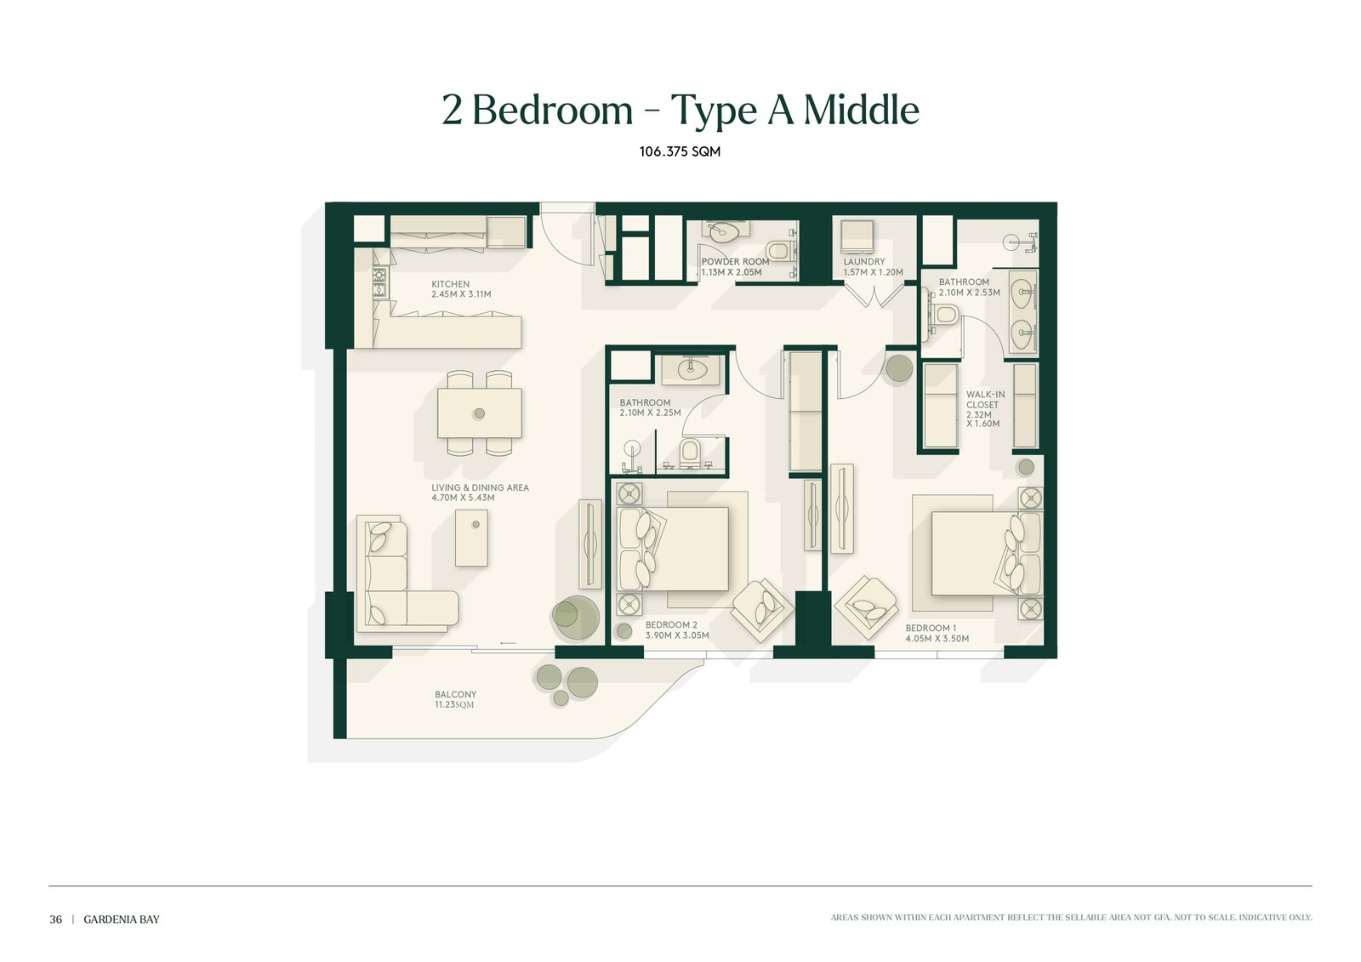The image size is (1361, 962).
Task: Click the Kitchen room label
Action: pos(461,289)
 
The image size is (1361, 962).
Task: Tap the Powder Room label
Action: pos(735,267)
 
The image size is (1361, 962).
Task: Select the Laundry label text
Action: pos(873,267)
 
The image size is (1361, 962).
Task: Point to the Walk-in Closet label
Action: pos(986,409)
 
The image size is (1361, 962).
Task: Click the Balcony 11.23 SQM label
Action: pos(455,699)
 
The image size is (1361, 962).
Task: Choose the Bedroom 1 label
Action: pos(937,633)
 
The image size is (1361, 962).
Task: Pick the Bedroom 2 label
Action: pos(677,630)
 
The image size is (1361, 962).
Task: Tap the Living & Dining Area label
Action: pos(480,492)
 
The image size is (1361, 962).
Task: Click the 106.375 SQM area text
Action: pos(680,151)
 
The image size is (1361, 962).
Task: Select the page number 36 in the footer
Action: pos(56,919)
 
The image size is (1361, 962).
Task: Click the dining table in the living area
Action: pos(480,413)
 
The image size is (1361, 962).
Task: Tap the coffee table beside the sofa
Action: pos(471,538)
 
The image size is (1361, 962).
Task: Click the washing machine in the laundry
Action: pos(857,236)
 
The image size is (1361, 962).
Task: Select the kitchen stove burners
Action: pos(379,282)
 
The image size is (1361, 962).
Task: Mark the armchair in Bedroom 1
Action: pos(867,606)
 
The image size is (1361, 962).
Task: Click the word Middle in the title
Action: pos(862,110)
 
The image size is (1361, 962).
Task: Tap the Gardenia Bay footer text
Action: pos(122,919)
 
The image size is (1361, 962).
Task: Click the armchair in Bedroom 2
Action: pos(762,610)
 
